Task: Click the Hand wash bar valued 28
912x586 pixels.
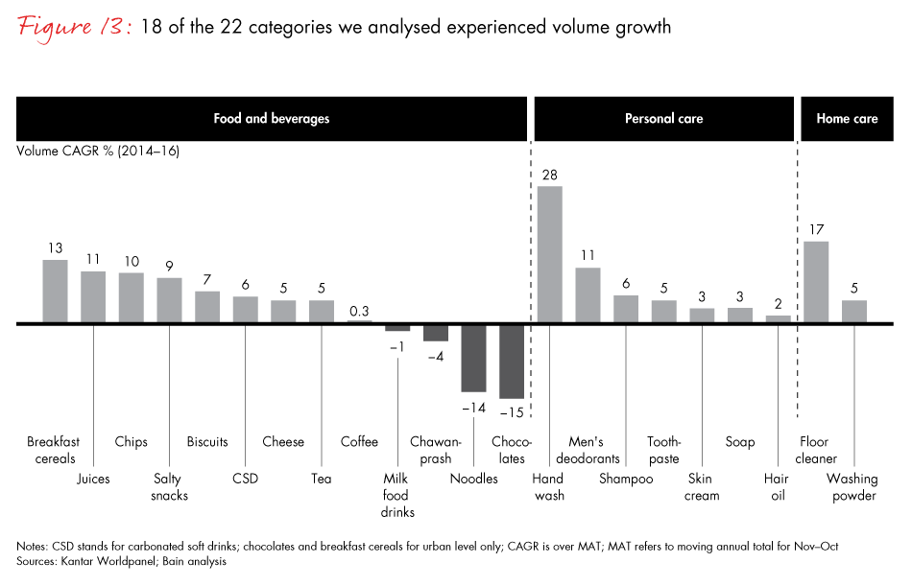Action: [x=549, y=254]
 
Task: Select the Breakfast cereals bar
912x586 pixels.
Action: [x=55, y=292]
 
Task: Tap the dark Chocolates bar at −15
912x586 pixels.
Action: [x=512, y=361]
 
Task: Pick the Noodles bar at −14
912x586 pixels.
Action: [x=473, y=358]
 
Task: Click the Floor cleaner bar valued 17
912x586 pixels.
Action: [x=816, y=282]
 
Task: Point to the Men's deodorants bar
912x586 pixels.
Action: [x=588, y=295]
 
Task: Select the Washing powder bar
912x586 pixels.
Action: [x=854, y=312]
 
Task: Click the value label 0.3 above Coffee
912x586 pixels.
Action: [x=359, y=311]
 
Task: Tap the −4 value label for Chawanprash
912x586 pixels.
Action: [x=436, y=356]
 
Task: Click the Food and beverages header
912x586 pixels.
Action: [x=271, y=119]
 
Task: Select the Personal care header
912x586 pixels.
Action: [x=663, y=119]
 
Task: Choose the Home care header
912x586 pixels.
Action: [x=847, y=119]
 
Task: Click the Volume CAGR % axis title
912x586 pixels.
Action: [x=98, y=151]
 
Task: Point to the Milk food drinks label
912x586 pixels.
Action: [x=396, y=495]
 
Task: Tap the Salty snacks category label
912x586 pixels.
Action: [x=170, y=486]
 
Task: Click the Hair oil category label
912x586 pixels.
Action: [x=777, y=486]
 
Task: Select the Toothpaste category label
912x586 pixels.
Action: [x=663, y=450]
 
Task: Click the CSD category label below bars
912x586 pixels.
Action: [x=245, y=478]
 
